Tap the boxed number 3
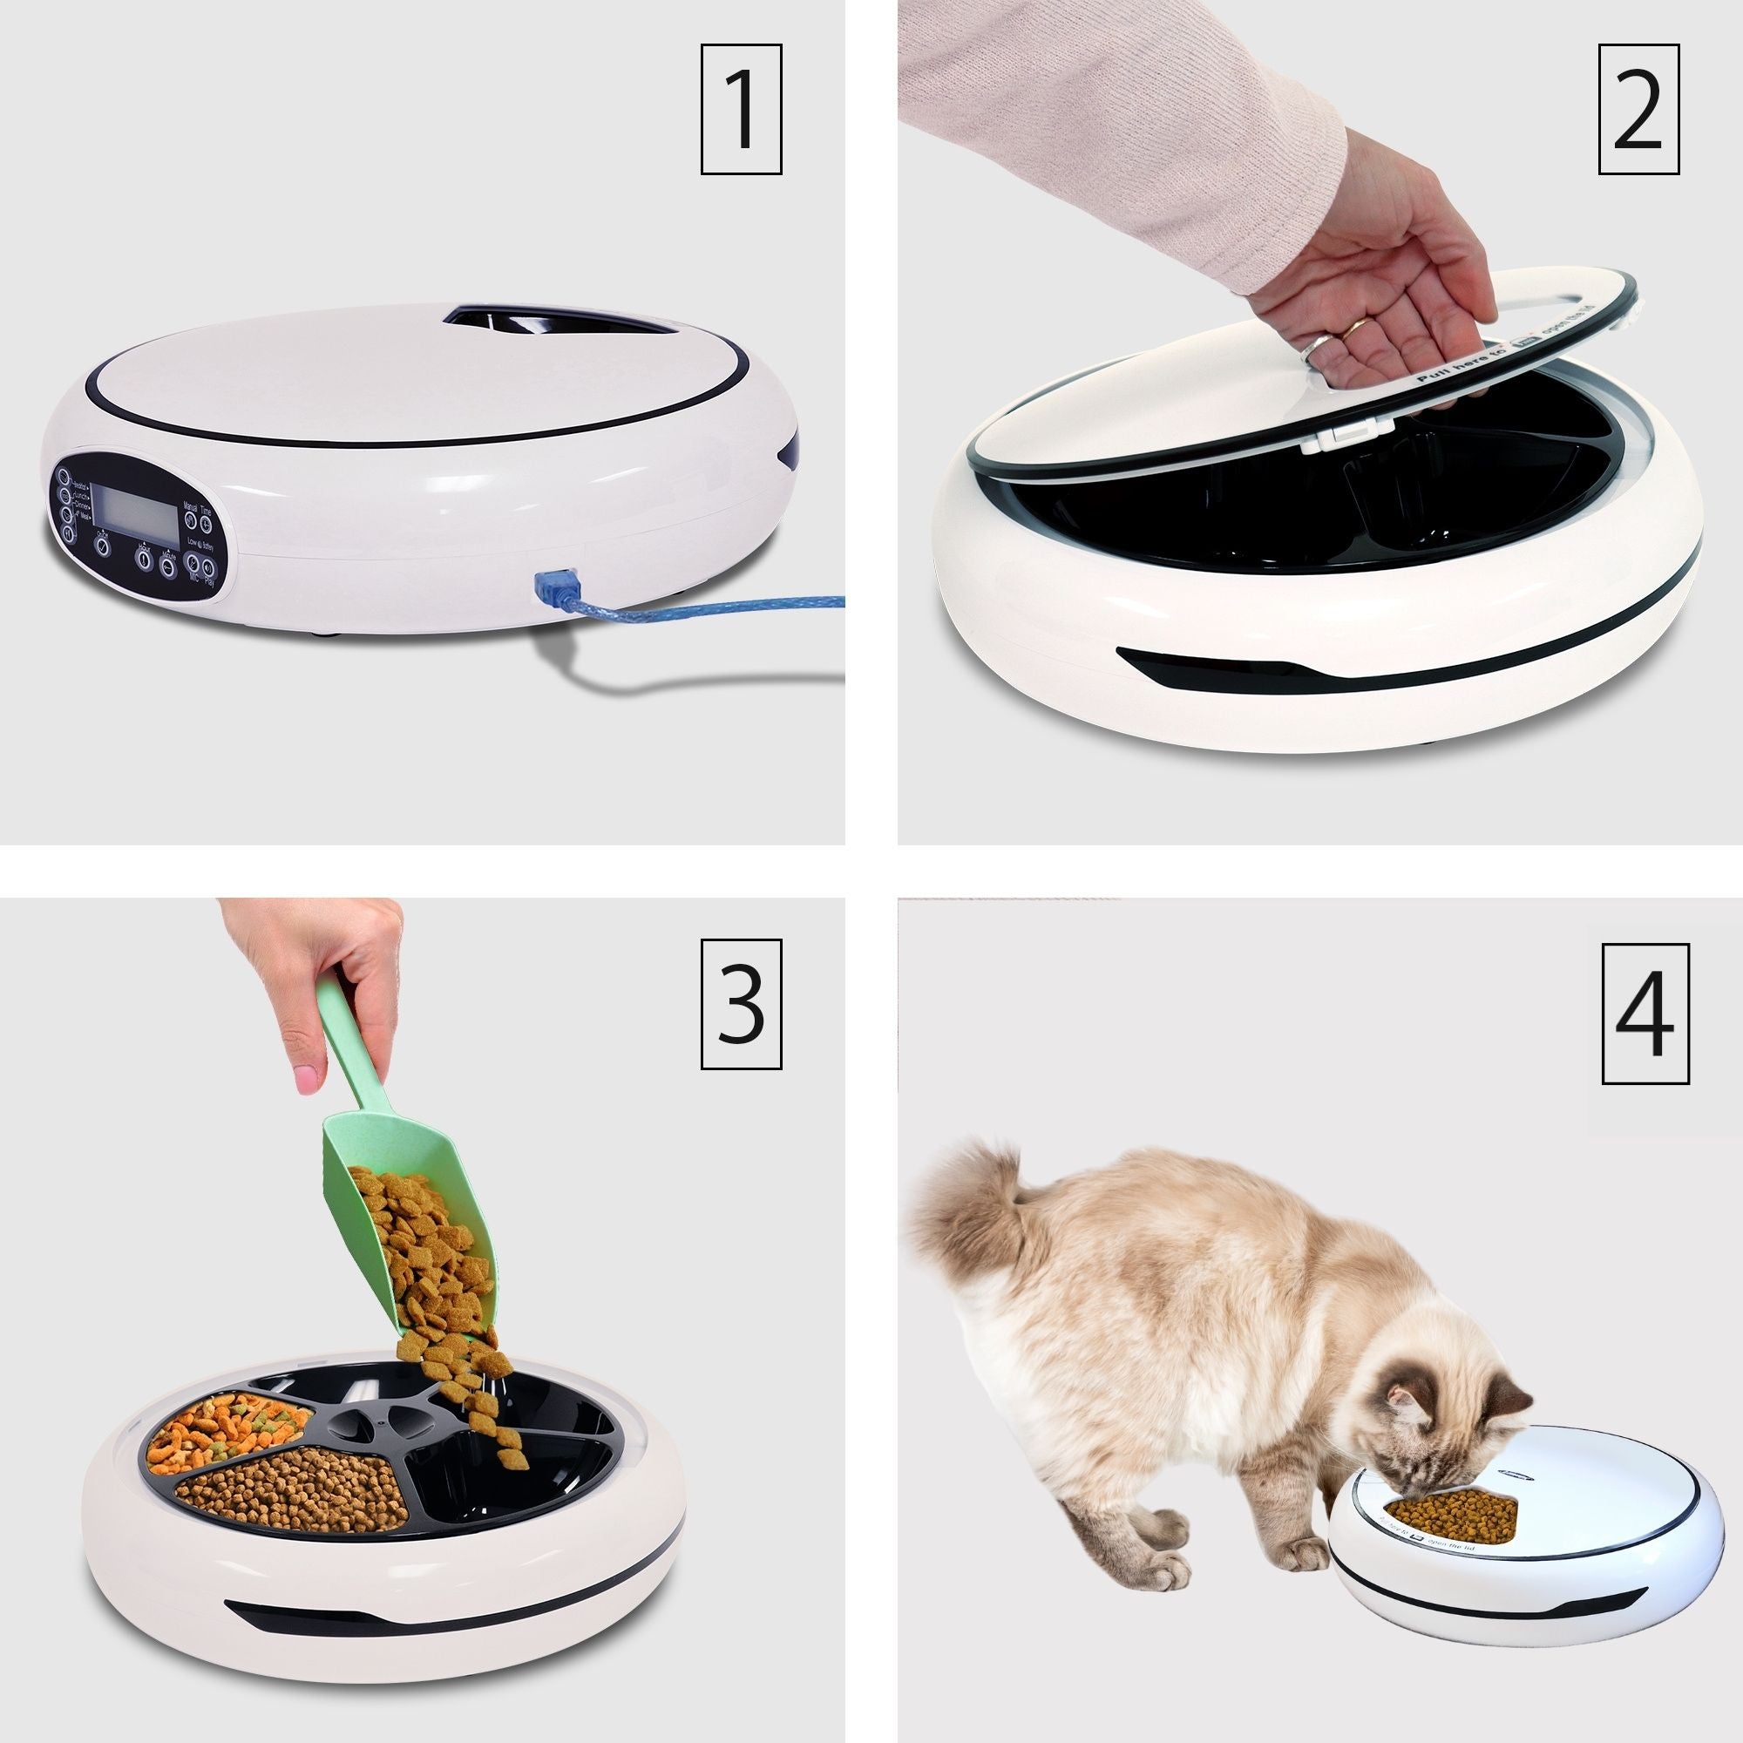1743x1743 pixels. (741, 1004)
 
